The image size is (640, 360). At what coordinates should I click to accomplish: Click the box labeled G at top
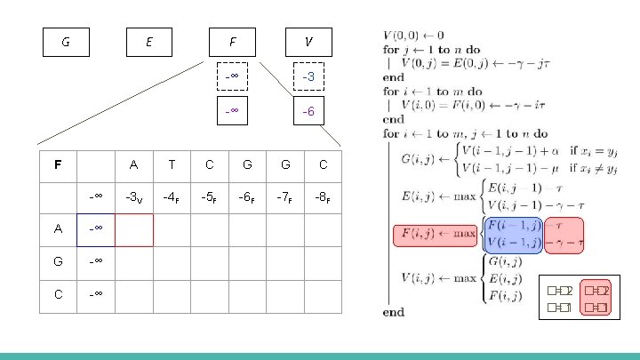66,42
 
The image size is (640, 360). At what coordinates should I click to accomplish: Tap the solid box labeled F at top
232,42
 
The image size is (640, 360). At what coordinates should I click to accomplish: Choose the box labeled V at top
308,42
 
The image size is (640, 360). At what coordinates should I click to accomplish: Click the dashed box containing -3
308,77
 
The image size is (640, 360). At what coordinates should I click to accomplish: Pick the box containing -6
308,112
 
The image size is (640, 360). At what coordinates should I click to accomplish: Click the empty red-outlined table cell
133,229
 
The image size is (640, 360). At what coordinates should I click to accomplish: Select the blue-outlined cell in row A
96,229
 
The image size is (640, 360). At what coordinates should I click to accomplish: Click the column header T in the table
171,164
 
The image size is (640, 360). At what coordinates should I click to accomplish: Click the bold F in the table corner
58,164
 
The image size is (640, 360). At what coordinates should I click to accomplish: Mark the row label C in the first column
58,294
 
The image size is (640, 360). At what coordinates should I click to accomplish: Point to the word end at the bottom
393,312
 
